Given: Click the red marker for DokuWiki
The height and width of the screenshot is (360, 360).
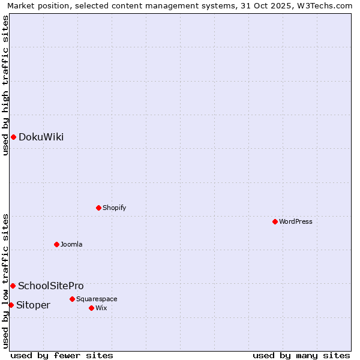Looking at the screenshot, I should pos(13,137).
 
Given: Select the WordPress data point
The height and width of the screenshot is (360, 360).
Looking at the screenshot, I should pos(275,222).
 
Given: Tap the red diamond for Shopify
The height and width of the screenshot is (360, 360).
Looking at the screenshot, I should pos(98,208).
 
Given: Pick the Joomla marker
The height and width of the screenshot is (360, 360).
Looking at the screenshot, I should pos(56,245).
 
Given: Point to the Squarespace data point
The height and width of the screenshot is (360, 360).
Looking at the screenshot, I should pos(72,299).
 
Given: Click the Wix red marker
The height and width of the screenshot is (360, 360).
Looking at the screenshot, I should pos(91,308).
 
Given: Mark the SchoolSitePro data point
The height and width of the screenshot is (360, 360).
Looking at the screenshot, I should pos(13,286).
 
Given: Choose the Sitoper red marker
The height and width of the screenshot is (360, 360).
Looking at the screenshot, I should pos(11,305).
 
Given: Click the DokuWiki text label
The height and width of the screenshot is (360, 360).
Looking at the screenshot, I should pos(41,137).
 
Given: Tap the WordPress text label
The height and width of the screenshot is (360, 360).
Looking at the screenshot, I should pos(296,222).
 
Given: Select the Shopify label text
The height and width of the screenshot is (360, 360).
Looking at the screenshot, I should pos(114,208).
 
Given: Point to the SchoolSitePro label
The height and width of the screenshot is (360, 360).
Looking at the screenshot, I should pos(51,286).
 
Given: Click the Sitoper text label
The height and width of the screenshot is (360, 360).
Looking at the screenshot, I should pos(33,305).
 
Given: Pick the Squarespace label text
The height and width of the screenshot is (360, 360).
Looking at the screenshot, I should pos(97,299).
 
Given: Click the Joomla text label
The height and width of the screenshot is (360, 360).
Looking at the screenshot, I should pos(71,245).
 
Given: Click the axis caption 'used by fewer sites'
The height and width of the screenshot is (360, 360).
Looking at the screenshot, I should pos(62,356).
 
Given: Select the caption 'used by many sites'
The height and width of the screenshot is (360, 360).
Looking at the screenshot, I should pos(301,356).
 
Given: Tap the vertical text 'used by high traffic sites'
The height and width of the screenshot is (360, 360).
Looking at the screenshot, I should pos(5,85).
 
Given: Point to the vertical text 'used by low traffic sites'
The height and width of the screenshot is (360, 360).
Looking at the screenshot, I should pos(5,280).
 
